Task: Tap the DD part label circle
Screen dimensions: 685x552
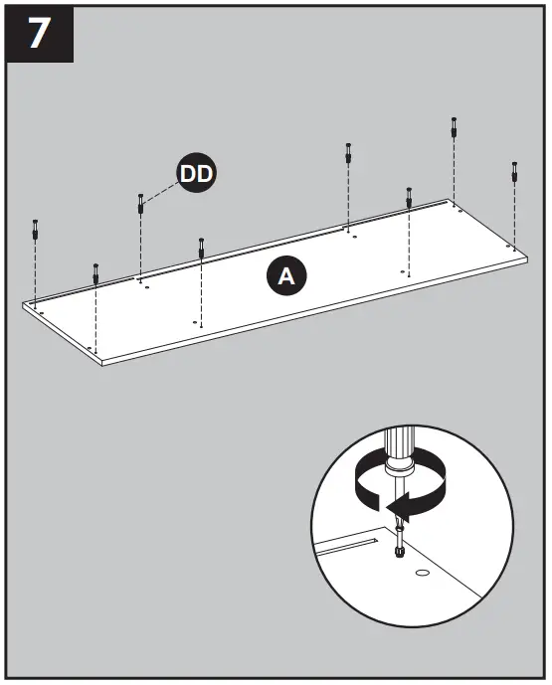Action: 197,174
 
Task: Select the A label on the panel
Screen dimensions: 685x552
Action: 285,277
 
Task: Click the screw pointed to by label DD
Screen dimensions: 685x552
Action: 140,203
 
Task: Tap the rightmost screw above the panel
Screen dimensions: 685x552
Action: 514,171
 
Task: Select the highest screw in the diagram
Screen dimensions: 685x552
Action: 454,127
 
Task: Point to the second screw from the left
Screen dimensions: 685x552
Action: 95,271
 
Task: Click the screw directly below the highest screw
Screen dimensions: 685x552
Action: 409,196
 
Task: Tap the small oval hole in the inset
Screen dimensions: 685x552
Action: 421,574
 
